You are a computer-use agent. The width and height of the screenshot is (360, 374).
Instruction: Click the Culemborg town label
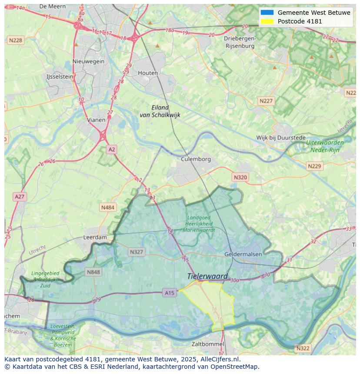[196, 159]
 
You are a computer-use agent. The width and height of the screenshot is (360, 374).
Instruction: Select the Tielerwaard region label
[207, 276]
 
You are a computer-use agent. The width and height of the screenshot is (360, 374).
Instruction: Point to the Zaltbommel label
[208, 344]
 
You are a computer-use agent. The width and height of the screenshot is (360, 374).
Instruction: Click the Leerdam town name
[95, 238]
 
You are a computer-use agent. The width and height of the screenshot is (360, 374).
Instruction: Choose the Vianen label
[96, 120]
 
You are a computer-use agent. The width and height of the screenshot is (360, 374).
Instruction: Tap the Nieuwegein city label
[89, 61]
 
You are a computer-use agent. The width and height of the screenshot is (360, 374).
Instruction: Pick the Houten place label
[148, 73]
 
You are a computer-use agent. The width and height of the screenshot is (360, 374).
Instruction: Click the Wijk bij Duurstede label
[281, 138]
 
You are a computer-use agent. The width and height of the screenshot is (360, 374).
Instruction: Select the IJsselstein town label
[60, 76]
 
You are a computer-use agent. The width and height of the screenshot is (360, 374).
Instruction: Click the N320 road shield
[240, 177]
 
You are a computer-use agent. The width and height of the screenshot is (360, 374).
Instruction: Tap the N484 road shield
[107, 208]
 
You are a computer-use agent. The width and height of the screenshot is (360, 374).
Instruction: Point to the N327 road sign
[136, 252]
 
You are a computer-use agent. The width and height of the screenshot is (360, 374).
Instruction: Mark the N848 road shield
[93, 272]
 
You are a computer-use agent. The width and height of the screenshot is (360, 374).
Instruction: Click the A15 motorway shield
[170, 293]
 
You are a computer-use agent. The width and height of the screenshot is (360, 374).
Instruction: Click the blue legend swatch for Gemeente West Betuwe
[267, 13]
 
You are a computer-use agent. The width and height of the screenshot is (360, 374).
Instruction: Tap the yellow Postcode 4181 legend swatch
[267, 21]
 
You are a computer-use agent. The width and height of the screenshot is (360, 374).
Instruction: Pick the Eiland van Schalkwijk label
[160, 111]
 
